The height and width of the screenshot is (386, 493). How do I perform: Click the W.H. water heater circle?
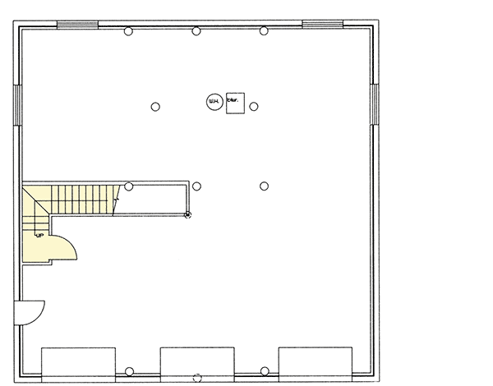[213, 102]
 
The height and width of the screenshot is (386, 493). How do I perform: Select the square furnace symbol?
[233, 103]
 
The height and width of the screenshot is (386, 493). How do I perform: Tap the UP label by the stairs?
[38, 234]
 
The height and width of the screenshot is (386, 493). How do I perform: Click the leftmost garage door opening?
[78, 361]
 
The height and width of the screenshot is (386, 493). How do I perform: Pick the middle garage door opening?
[196, 361]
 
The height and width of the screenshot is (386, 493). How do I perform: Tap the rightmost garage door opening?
[316, 361]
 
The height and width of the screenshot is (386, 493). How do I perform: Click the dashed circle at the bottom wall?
[196, 379]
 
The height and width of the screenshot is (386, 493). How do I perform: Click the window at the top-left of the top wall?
[76, 24]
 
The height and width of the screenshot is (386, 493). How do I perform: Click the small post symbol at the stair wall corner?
[187, 214]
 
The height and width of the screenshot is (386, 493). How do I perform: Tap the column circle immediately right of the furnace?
[254, 106]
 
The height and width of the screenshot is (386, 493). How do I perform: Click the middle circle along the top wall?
[196, 31]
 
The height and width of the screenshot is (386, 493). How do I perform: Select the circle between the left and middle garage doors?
[129, 371]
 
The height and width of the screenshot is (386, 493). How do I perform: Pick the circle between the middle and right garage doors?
[264, 371]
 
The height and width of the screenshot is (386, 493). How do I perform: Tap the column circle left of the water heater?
[154, 106]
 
